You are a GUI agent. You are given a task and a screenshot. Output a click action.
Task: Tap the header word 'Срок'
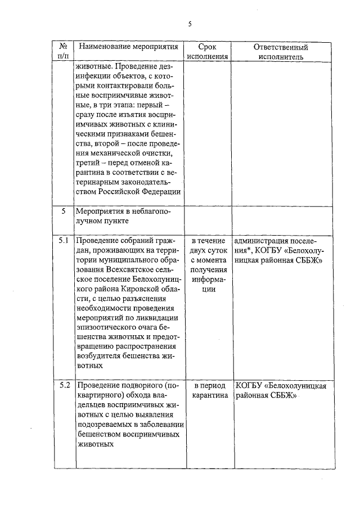[x=207, y=47]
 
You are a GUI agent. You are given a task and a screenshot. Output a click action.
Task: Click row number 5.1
[x=64, y=241]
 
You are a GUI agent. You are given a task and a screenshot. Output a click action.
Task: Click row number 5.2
[x=64, y=386]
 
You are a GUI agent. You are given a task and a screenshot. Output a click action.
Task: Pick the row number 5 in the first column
[x=64, y=211]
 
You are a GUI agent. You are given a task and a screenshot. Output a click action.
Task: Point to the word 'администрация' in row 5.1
[x=263, y=241]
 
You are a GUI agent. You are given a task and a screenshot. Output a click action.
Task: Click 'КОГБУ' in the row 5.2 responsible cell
[x=249, y=386]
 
